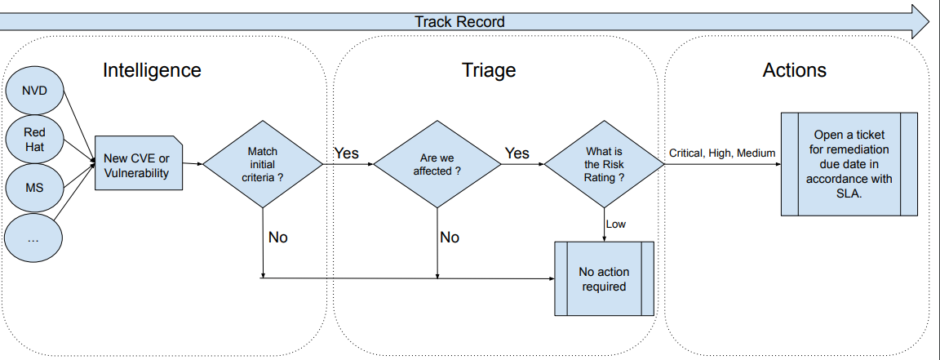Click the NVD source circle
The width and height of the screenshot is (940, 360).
(34, 91)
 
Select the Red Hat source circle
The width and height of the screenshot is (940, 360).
(34, 139)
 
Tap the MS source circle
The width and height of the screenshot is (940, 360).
(34, 187)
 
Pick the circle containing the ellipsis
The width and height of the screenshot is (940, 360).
(34, 238)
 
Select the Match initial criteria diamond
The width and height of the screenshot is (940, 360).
(262, 164)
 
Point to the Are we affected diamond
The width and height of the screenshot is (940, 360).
(437, 164)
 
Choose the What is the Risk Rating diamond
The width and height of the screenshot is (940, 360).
(605, 164)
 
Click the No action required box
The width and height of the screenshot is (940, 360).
(605, 279)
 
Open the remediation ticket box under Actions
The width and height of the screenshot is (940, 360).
(849, 164)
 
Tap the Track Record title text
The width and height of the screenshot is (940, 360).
(459, 22)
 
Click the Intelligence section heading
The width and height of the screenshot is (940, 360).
(152, 70)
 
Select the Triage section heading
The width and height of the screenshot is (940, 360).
(489, 70)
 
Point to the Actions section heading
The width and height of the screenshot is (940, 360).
(794, 70)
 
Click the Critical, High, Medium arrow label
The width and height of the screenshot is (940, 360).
(722, 153)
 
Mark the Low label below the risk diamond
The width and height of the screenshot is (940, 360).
(616, 224)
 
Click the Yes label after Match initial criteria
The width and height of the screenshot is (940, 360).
(346, 153)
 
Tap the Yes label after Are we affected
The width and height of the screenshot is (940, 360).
(517, 153)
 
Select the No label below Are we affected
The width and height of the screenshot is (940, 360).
(450, 238)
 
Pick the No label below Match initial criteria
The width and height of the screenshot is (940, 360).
(278, 238)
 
